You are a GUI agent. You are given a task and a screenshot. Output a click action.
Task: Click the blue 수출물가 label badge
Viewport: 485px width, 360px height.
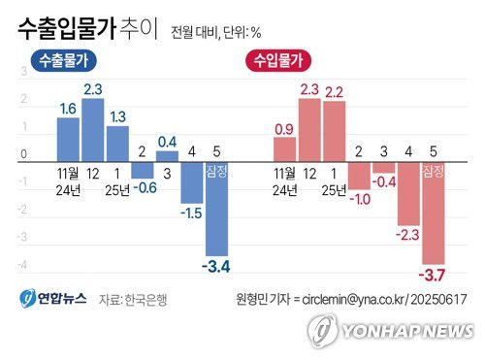67,61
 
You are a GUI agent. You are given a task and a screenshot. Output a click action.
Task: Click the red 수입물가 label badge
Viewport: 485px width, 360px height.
277,61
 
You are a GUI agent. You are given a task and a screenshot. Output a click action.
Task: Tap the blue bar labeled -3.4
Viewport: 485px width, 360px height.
215,209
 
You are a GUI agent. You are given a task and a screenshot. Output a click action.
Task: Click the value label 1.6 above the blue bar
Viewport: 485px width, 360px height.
68,110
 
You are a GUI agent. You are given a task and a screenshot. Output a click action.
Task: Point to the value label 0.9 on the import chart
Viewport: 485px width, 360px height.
284,128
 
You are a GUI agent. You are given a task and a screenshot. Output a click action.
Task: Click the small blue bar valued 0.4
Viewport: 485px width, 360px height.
167,156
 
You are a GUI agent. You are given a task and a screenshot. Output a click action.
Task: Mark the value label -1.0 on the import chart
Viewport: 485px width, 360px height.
359,199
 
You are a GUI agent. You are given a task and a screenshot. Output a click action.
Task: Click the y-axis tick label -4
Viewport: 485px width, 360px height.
24,264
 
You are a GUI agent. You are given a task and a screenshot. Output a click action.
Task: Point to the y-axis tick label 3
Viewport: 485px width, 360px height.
24,72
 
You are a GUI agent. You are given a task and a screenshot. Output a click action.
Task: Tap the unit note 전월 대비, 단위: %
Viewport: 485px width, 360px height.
215,31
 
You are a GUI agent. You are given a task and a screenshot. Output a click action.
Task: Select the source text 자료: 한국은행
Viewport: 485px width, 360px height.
135,300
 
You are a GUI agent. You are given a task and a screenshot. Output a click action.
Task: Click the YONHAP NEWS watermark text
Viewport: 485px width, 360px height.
407,332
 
